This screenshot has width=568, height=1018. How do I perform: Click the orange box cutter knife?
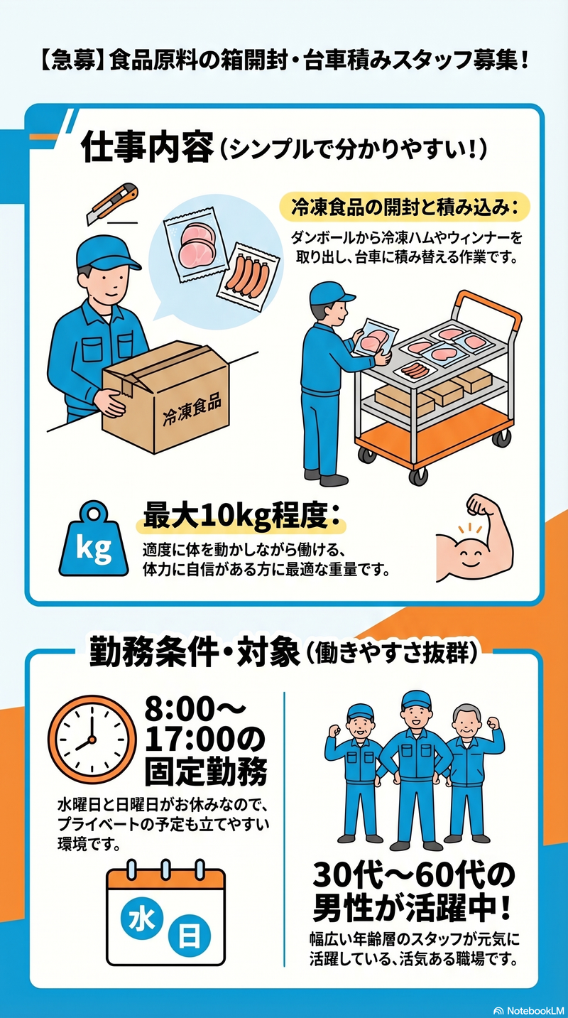pyautogui.click(x=112, y=203)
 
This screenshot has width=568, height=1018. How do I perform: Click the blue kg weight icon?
pyautogui.click(x=94, y=539)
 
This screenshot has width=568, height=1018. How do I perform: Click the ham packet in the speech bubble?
pyautogui.click(x=196, y=245)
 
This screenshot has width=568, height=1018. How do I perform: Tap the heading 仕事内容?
pyautogui.click(x=147, y=147)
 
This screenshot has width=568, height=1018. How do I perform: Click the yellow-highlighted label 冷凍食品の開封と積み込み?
pyautogui.click(x=404, y=207)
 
